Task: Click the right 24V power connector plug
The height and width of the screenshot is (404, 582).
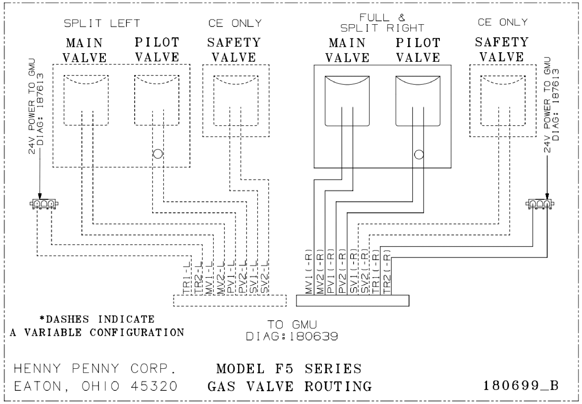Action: (x=540, y=204)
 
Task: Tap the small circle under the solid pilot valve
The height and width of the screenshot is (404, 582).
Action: (x=419, y=155)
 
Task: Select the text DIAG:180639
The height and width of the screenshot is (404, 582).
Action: (x=292, y=336)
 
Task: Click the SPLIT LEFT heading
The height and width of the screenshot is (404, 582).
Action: (x=102, y=23)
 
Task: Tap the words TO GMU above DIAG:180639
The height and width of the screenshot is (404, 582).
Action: (x=292, y=325)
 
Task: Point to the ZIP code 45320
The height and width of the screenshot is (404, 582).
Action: (x=154, y=386)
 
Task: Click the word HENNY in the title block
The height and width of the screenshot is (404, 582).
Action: (x=37, y=369)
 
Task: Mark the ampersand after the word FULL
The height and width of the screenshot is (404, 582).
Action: (x=401, y=17)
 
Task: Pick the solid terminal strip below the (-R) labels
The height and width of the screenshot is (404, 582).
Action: (x=353, y=301)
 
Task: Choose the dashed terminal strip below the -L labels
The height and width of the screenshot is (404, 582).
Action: (x=230, y=301)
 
